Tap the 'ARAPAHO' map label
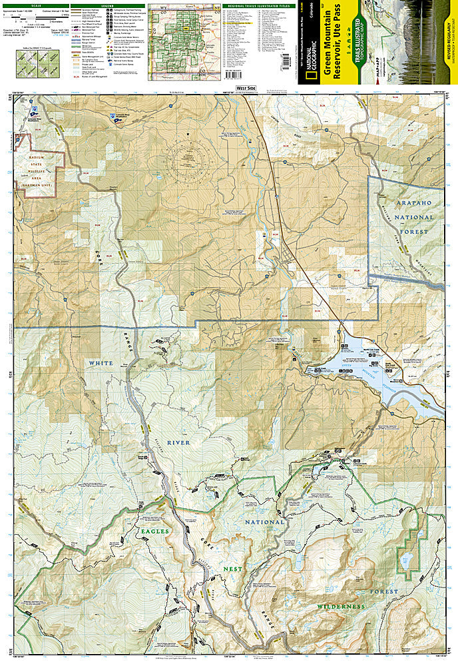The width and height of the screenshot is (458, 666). point(405,200)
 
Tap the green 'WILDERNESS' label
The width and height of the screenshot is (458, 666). point(341,607)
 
